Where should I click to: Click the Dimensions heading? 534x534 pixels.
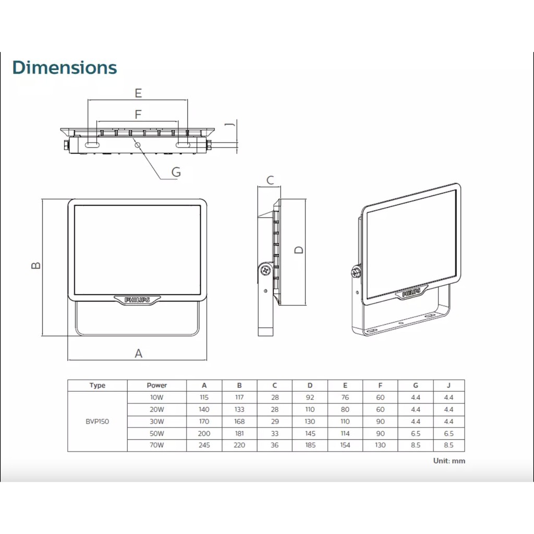click(x=65, y=67)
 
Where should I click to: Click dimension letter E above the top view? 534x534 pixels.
click(x=138, y=93)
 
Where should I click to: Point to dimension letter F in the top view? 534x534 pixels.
click(x=138, y=114)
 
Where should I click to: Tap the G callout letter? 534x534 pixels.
click(x=176, y=172)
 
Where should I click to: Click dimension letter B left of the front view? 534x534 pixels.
click(x=36, y=265)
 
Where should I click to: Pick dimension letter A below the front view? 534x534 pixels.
click(x=138, y=354)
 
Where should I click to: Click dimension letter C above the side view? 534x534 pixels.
click(x=270, y=180)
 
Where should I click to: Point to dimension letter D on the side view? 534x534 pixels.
click(x=299, y=250)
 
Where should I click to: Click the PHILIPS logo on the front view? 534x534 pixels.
click(x=137, y=300)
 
